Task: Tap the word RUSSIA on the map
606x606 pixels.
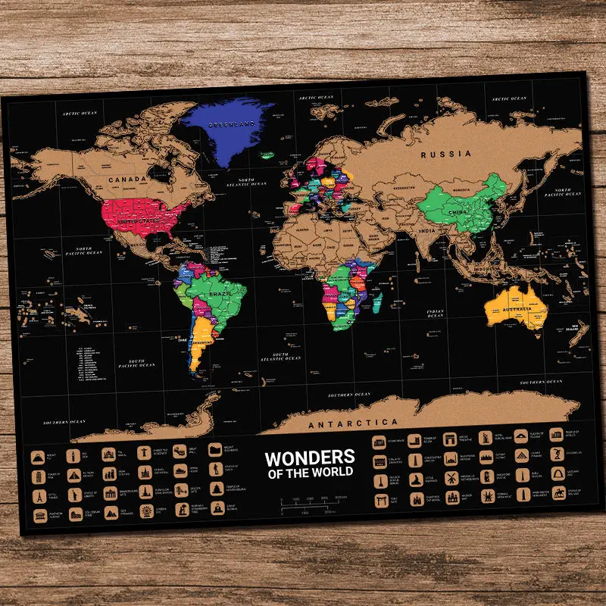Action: pyautogui.click(x=447, y=154)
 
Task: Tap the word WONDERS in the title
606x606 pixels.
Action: pyautogui.click(x=310, y=457)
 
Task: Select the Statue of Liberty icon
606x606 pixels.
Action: pyautogui.click(x=73, y=495)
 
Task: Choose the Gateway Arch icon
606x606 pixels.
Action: pyautogui.click(x=558, y=474)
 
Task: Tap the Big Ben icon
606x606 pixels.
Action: pyautogui.click(x=73, y=455)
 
